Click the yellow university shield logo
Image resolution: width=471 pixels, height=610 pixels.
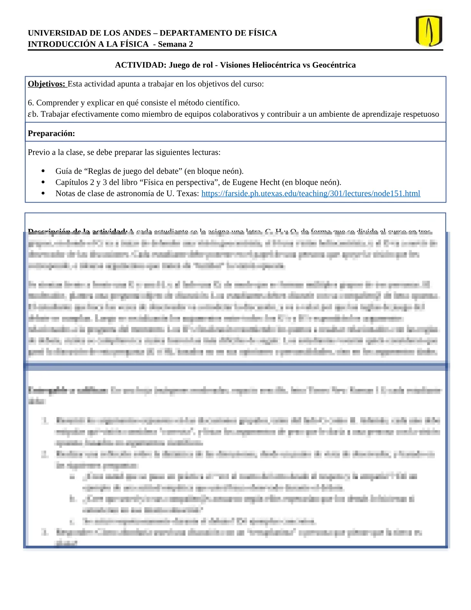(x=429, y=31)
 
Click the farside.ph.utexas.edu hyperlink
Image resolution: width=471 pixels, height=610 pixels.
(x=311, y=193)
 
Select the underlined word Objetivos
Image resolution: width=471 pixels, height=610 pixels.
(x=47, y=84)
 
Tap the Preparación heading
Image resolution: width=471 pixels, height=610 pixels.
(x=51, y=133)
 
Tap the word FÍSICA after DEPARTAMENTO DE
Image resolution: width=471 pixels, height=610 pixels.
(x=261, y=33)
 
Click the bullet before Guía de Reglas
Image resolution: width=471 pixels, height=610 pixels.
(x=43, y=171)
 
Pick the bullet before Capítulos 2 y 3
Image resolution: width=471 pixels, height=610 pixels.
(x=43, y=182)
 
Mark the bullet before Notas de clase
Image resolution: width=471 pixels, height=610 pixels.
(x=43, y=193)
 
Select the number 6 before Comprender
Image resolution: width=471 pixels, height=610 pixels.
(x=30, y=103)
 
